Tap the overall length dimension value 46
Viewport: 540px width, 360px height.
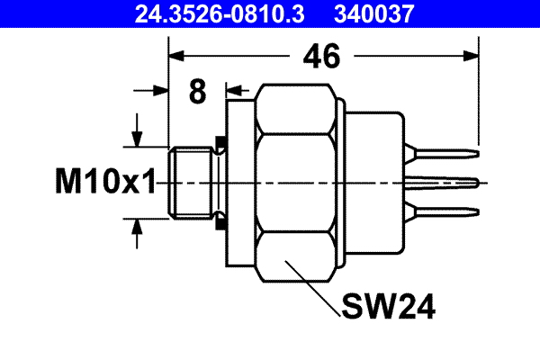320,57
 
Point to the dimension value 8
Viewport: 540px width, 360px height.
198,92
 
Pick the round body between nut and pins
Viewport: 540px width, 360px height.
373,183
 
